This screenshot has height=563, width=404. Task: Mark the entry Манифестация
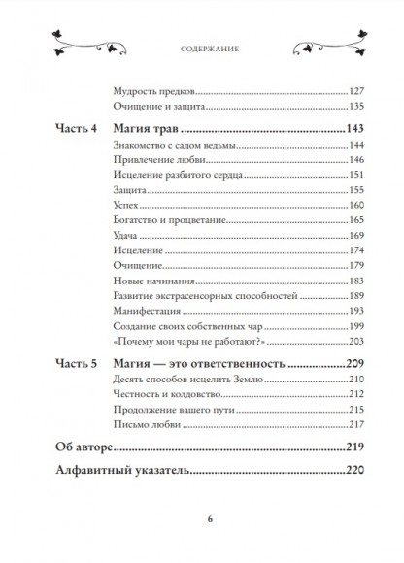(x=146, y=315)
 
